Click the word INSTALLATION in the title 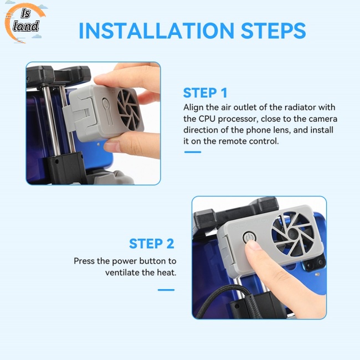[x=156, y=30]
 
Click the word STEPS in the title [x=273, y=30]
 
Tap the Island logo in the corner [x=24, y=23]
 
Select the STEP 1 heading [x=205, y=92]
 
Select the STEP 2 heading [x=152, y=244]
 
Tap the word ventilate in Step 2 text [x=122, y=272]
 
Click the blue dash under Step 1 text [x=193, y=152]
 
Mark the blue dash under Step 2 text [x=166, y=290]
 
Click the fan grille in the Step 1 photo [x=128, y=110]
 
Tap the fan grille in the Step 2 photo [x=292, y=234]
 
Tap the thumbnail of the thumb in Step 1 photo [x=111, y=146]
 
